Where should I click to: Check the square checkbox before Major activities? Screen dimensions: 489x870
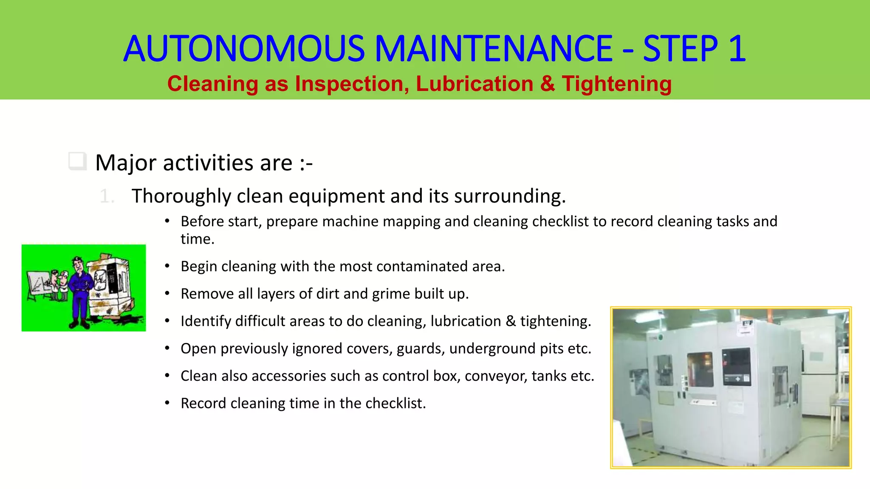[77, 161]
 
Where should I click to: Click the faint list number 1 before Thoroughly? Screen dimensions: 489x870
[106, 197]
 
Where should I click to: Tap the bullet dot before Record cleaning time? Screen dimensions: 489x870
[167, 403]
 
